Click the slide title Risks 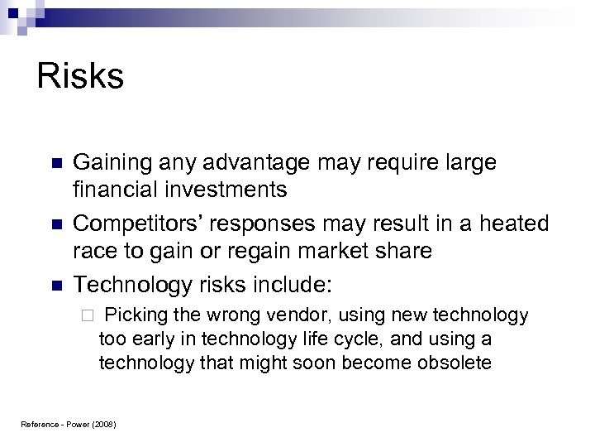(x=80, y=77)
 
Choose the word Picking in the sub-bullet (x=135, y=315)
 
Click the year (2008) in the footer (x=102, y=425)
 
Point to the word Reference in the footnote (x=36, y=425)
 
